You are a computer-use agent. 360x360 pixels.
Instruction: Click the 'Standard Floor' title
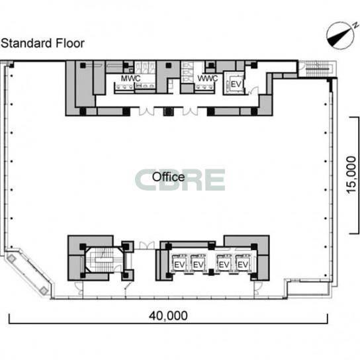[43, 43]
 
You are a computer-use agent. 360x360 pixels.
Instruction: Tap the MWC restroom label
[130, 78]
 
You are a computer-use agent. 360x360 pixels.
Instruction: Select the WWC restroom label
[208, 78]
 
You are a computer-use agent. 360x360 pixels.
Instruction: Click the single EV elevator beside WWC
[236, 84]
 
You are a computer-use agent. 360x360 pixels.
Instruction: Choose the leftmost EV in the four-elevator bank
[179, 265]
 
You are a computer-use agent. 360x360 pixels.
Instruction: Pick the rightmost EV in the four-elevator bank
[243, 265]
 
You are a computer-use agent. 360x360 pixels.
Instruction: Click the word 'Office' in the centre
[168, 177]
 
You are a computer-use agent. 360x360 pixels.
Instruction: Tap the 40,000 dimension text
[168, 316]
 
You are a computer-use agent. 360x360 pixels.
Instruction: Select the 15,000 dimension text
[351, 175]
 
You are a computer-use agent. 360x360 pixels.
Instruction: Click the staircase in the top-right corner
[318, 68]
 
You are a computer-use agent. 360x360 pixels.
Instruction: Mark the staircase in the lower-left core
[105, 259]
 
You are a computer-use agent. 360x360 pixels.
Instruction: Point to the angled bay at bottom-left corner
[28, 273]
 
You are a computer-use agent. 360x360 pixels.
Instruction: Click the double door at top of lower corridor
[147, 246]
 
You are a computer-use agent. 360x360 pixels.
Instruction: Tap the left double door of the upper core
[146, 111]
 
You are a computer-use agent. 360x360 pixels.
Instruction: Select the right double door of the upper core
[190, 111]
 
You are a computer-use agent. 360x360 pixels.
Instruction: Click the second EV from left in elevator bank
[199, 265]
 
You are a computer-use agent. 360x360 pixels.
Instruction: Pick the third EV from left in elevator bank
[224, 265]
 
